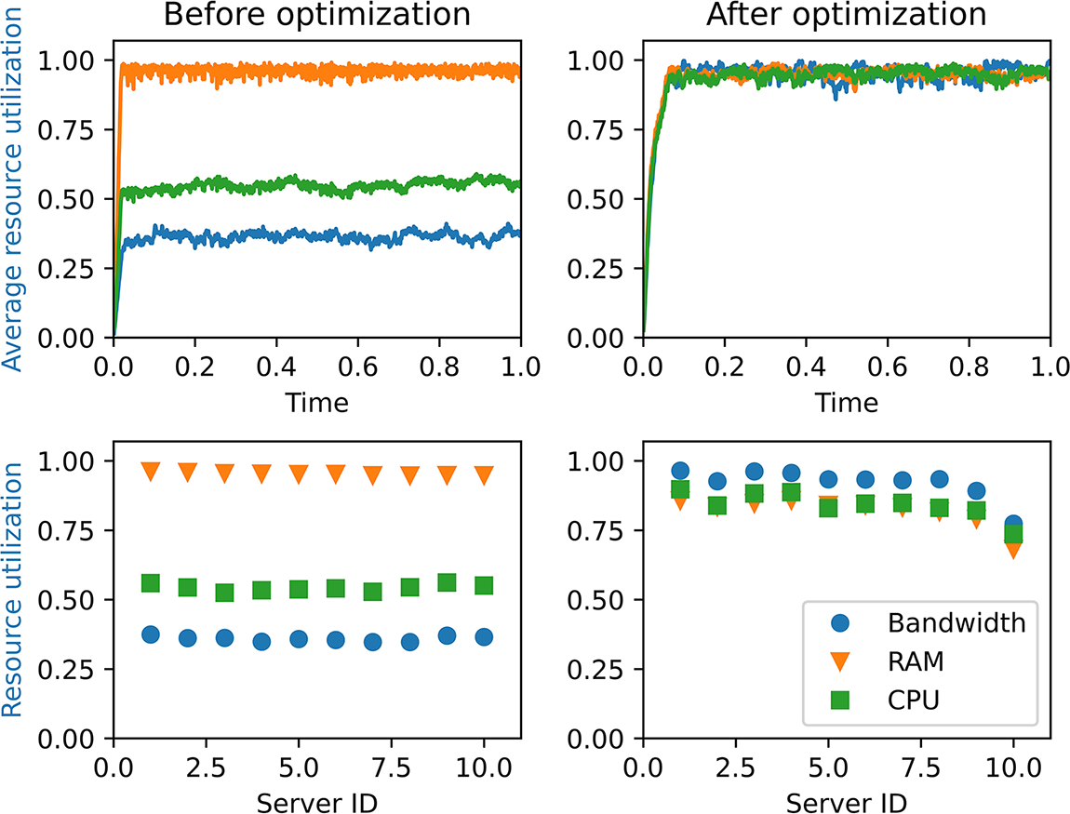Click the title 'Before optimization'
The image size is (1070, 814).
[316, 16]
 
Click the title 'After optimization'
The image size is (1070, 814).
[846, 16]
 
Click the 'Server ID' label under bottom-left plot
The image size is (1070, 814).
[316, 800]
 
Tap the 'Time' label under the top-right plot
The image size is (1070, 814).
[846, 402]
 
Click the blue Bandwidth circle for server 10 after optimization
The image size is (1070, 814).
[1013, 525]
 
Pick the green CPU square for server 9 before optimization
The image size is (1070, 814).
[447, 582]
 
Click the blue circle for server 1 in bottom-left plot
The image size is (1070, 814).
[151, 634]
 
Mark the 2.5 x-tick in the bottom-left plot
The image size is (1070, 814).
[206, 766]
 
